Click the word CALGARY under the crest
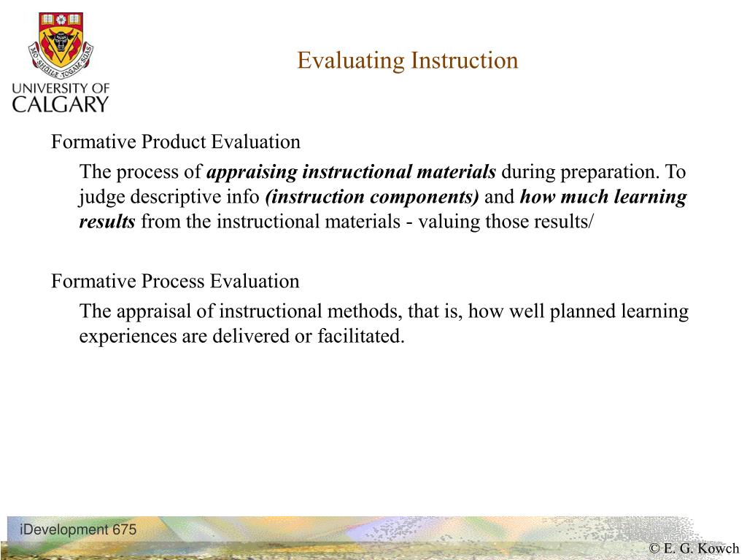61,104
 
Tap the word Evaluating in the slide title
351,61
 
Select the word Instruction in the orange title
465,61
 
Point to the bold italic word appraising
252,172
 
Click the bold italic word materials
456,171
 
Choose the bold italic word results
107,222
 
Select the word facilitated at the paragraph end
360,336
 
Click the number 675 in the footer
125,529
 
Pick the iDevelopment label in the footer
64,530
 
